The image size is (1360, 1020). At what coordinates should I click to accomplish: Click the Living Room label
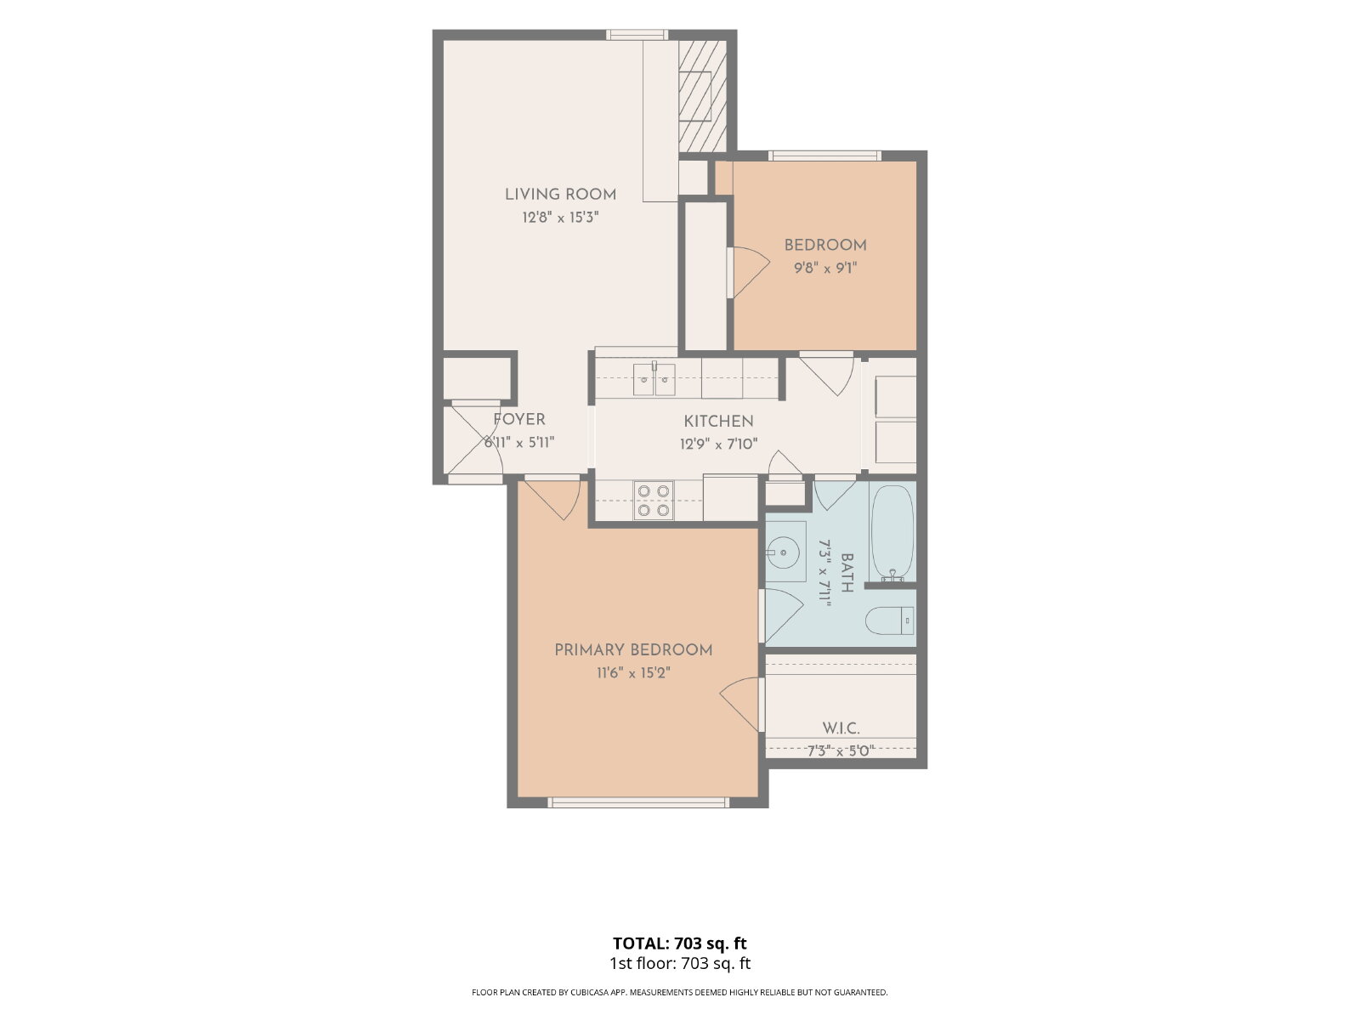(x=560, y=195)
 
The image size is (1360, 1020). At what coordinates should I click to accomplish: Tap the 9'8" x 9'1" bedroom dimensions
(x=825, y=268)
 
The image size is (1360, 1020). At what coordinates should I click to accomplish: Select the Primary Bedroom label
(x=633, y=649)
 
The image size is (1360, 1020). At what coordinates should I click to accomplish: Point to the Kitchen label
(x=719, y=421)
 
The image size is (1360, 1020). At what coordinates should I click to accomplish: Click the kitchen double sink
(x=654, y=379)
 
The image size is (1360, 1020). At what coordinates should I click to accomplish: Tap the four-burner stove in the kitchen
(x=654, y=501)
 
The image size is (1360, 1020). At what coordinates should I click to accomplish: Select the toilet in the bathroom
(x=890, y=620)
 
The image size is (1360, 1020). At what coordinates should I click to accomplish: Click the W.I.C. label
(x=841, y=728)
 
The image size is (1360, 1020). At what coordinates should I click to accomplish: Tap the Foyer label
(x=519, y=419)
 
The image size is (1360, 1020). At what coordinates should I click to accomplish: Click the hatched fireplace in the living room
(x=702, y=96)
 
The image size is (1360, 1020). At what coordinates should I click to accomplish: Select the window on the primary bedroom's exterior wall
(x=638, y=802)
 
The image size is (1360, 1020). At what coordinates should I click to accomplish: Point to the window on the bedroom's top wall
(x=824, y=156)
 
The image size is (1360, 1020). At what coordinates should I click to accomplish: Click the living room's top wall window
(x=637, y=35)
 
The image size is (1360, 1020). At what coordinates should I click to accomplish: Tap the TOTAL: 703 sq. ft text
(x=680, y=943)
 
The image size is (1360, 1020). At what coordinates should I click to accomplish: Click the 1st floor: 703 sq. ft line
(x=680, y=964)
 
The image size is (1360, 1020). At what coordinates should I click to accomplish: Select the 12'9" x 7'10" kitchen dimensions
(x=719, y=444)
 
